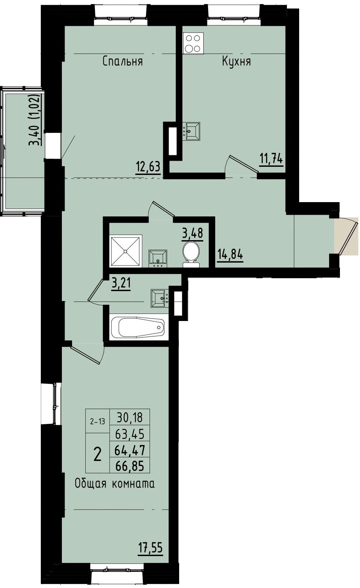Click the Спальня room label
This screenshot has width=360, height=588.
click(122, 61)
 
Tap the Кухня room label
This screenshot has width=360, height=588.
click(236, 61)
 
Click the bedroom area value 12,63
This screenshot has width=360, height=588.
click(148, 167)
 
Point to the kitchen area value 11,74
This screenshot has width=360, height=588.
click(271, 159)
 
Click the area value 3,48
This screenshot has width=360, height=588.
click(193, 234)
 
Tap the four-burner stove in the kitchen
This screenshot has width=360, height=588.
click(193, 43)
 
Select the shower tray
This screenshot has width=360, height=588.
click(125, 251)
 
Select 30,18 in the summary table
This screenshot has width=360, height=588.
click(130, 417)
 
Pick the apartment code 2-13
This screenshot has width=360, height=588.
click(97, 422)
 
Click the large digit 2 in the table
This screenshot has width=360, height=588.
click(97, 454)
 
